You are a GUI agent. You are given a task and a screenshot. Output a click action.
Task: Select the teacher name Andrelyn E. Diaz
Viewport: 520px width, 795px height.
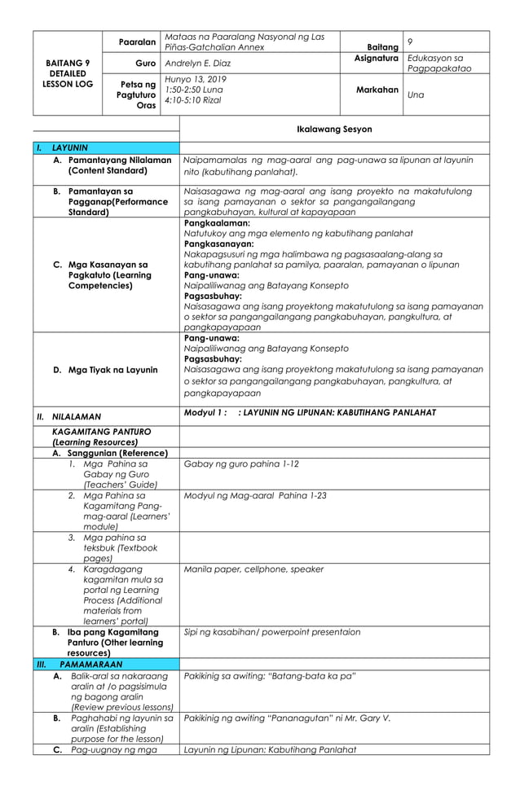199,63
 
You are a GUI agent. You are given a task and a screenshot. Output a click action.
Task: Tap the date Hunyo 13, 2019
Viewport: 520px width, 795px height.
196,79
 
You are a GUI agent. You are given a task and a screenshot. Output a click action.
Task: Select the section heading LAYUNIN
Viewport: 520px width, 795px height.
70,148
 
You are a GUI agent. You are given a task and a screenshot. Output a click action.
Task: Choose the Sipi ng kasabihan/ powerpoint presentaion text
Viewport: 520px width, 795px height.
272,631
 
